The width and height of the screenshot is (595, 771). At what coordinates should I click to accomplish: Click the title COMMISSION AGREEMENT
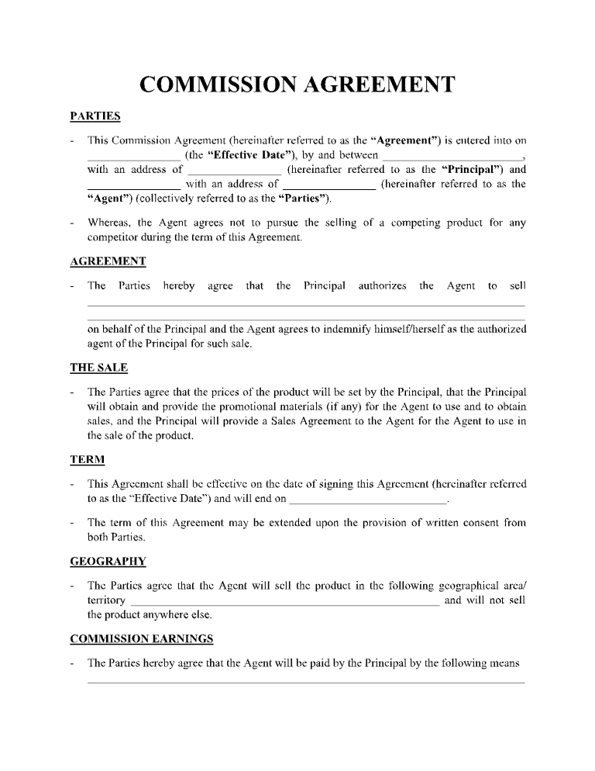(x=297, y=85)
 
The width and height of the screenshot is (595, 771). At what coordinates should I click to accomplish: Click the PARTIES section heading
(x=95, y=116)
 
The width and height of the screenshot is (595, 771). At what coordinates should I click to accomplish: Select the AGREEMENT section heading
(x=108, y=261)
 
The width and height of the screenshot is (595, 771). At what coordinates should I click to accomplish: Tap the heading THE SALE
(x=98, y=368)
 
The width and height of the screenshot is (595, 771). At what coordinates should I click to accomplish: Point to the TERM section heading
(x=87, y=460)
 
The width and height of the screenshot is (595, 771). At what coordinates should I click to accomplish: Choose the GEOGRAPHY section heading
(x=108, y=561)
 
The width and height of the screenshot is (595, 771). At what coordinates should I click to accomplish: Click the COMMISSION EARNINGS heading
(x=141, y=639)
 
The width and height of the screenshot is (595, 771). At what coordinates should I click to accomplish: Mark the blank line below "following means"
(x=306, y=683)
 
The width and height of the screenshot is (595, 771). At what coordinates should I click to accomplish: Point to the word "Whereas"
(x=110, y=223)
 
